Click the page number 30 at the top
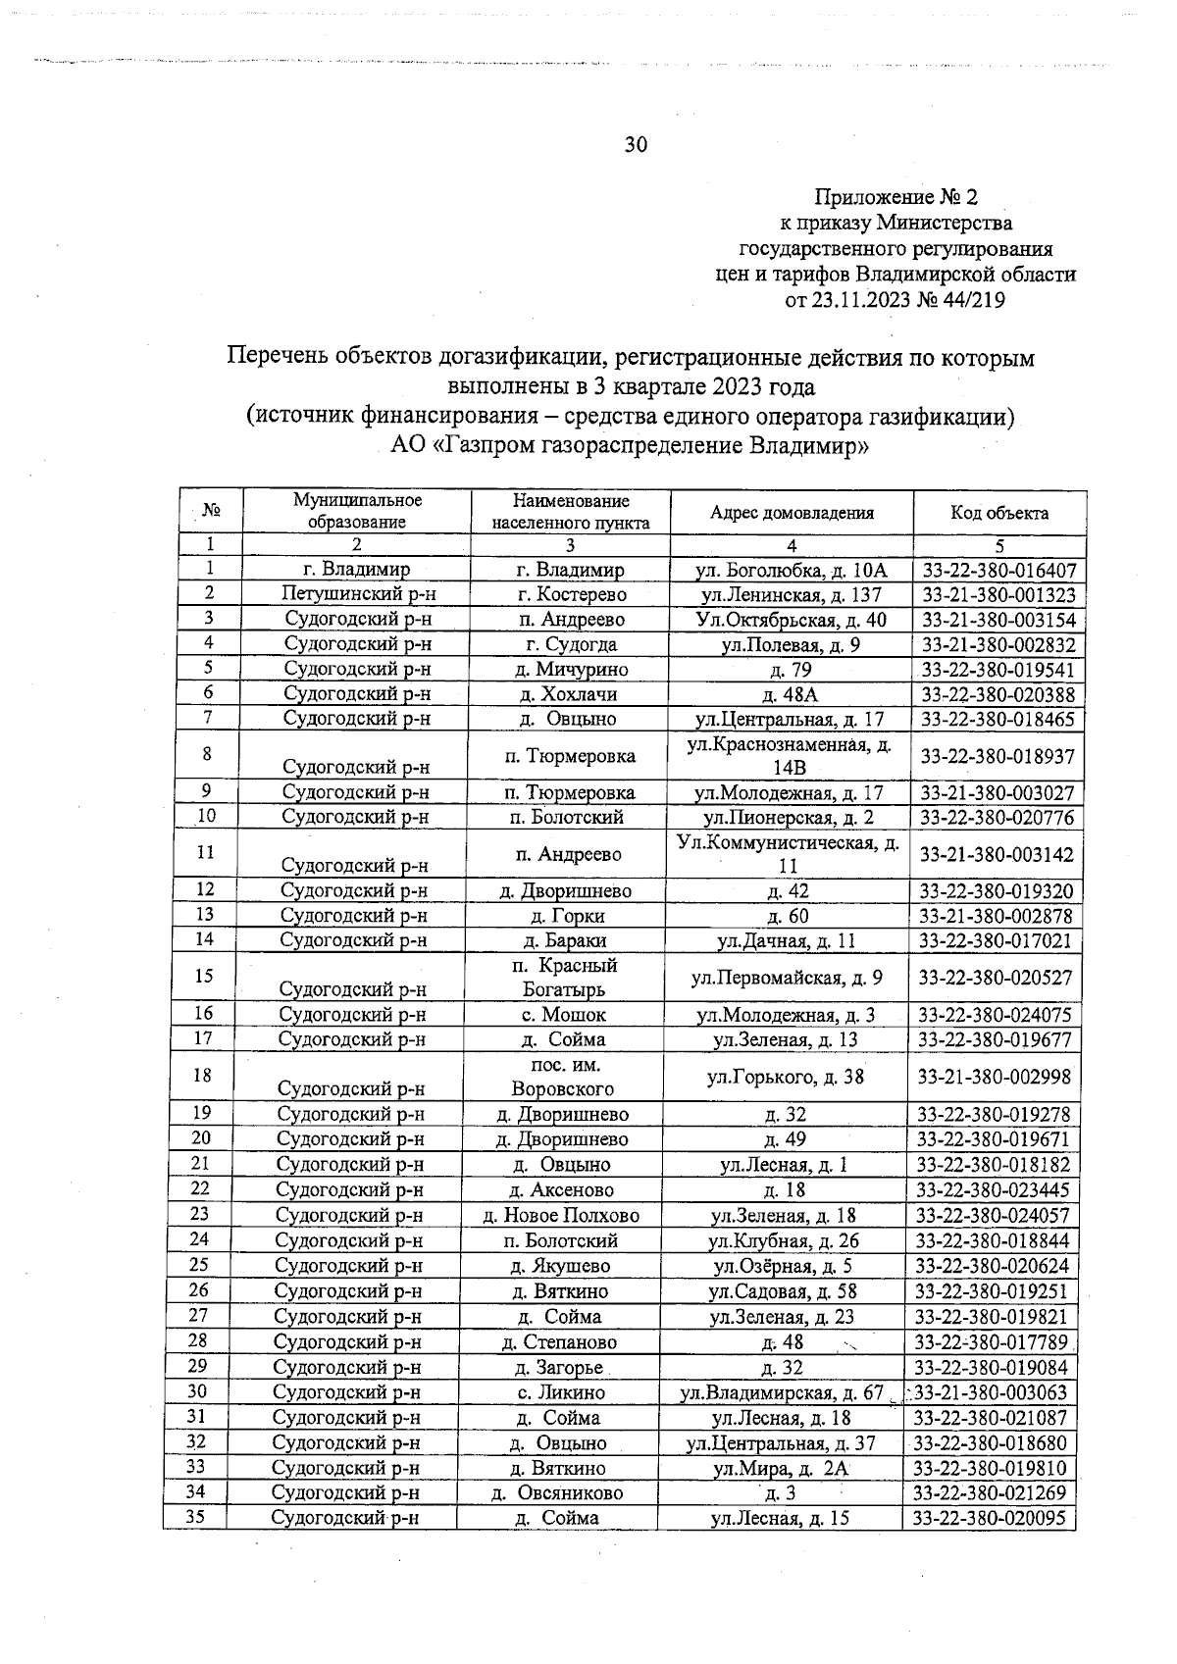(x=636, y=145)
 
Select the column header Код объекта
(x=998, y=513)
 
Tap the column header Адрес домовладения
(x=792, y=513)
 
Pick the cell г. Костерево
(x=571, y=595)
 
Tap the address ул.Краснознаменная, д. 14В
(x=790, y=756)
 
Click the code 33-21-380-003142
(x=997, y=854)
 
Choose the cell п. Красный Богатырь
(x=565, y=978)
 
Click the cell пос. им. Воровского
(x=563, y=1077)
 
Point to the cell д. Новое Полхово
(x=561, y=1216)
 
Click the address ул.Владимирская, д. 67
(x=782, y=1392)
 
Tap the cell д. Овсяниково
(x=557, y=1493)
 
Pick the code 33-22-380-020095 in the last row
(x=988, y=1519)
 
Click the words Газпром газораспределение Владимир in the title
(x=652, y=446)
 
